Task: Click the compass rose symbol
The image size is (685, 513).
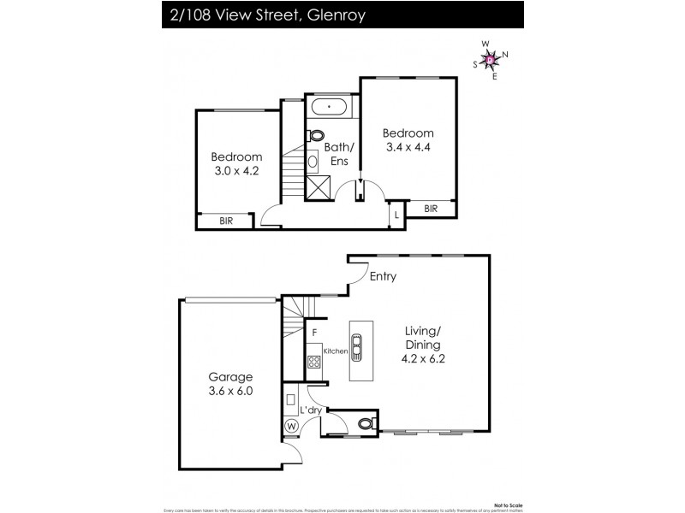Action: pyautogui.click(x=491, y=59)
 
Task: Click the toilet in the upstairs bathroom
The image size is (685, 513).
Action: pyautogui.click(x=317, y=135)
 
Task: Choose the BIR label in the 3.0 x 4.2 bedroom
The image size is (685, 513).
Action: pyautogui.click(x=226, y=221)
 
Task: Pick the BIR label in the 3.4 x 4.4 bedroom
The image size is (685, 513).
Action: pyautogui.click(x=431, y=208)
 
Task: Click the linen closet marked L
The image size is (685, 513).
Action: pyautogui.click(x=396, y=215)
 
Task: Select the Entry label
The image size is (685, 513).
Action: pyautogui.click(x=383, y=276)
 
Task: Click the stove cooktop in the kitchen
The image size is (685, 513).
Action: pyautogui.click(x=314, y=362)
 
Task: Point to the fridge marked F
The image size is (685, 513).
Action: pyautogui.click(x=315, y=332)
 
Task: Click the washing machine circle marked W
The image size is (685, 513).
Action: pyautogui.click(x=291, y=426)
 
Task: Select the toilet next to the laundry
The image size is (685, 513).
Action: pyautogui.click(x=366, y=422)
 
